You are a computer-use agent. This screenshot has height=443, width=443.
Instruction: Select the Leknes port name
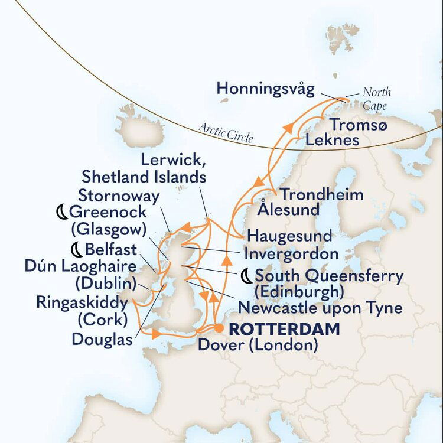tap(332, 140)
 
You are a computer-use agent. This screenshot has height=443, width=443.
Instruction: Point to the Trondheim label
tap(321, 194)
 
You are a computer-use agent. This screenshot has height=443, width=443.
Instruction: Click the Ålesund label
tap(289, 209)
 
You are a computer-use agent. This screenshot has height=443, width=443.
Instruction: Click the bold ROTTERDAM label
tap(285, 329)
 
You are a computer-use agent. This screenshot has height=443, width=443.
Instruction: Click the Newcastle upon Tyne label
tap(320, 307)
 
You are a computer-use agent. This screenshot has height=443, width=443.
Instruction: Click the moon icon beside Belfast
tap(76, 247)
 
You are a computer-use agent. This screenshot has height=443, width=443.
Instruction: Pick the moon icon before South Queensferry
tap(246, 276)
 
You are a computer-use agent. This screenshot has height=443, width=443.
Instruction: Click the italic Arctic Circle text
tap(226, 133)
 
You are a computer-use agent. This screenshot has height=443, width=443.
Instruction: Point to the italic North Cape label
tap(376, 99)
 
